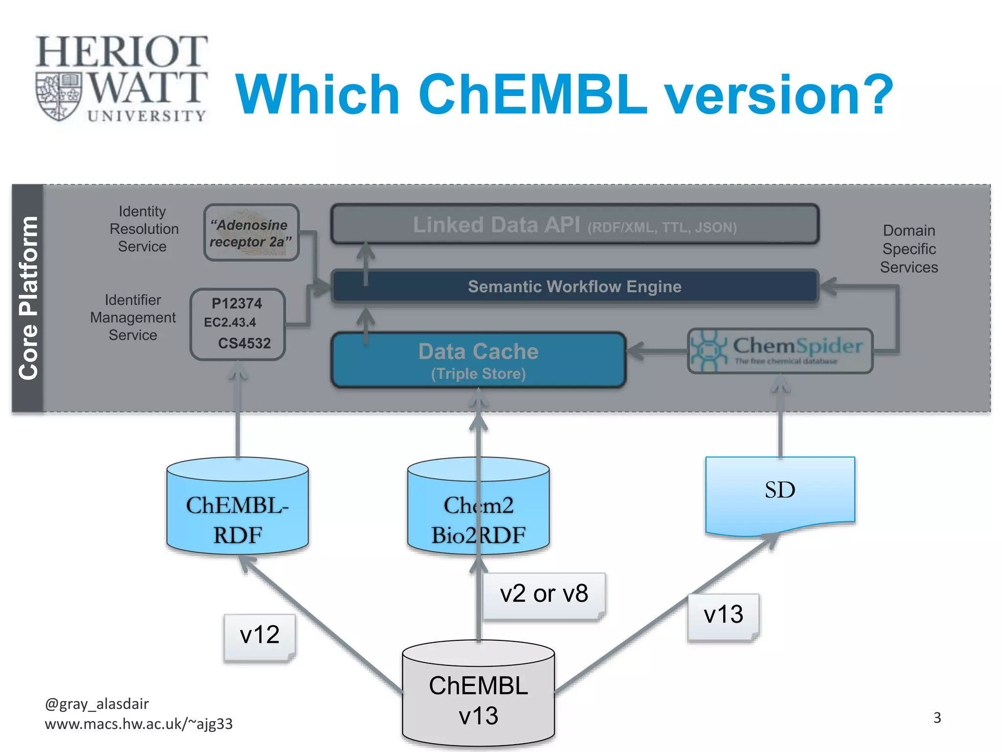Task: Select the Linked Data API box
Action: coord(574,225)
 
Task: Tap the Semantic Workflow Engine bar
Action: coord(574,286)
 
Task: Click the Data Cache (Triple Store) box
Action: coord(478,360)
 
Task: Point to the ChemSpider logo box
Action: coord(780,351)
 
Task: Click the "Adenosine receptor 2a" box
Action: coord(251,233)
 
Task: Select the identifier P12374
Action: coord(237,304)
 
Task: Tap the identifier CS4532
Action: coord(244,343)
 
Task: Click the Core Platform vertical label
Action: coord(28,298)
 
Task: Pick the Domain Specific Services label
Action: coord(909,249)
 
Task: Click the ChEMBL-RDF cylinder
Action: coord(237,509)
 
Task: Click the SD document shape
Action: coord(780,492)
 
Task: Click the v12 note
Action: coord(260,635)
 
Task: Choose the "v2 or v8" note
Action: coord(544,594)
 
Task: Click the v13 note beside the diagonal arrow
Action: coord(723,615)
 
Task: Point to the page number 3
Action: coord(937,718)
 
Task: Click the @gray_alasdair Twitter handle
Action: coord(97,704)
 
